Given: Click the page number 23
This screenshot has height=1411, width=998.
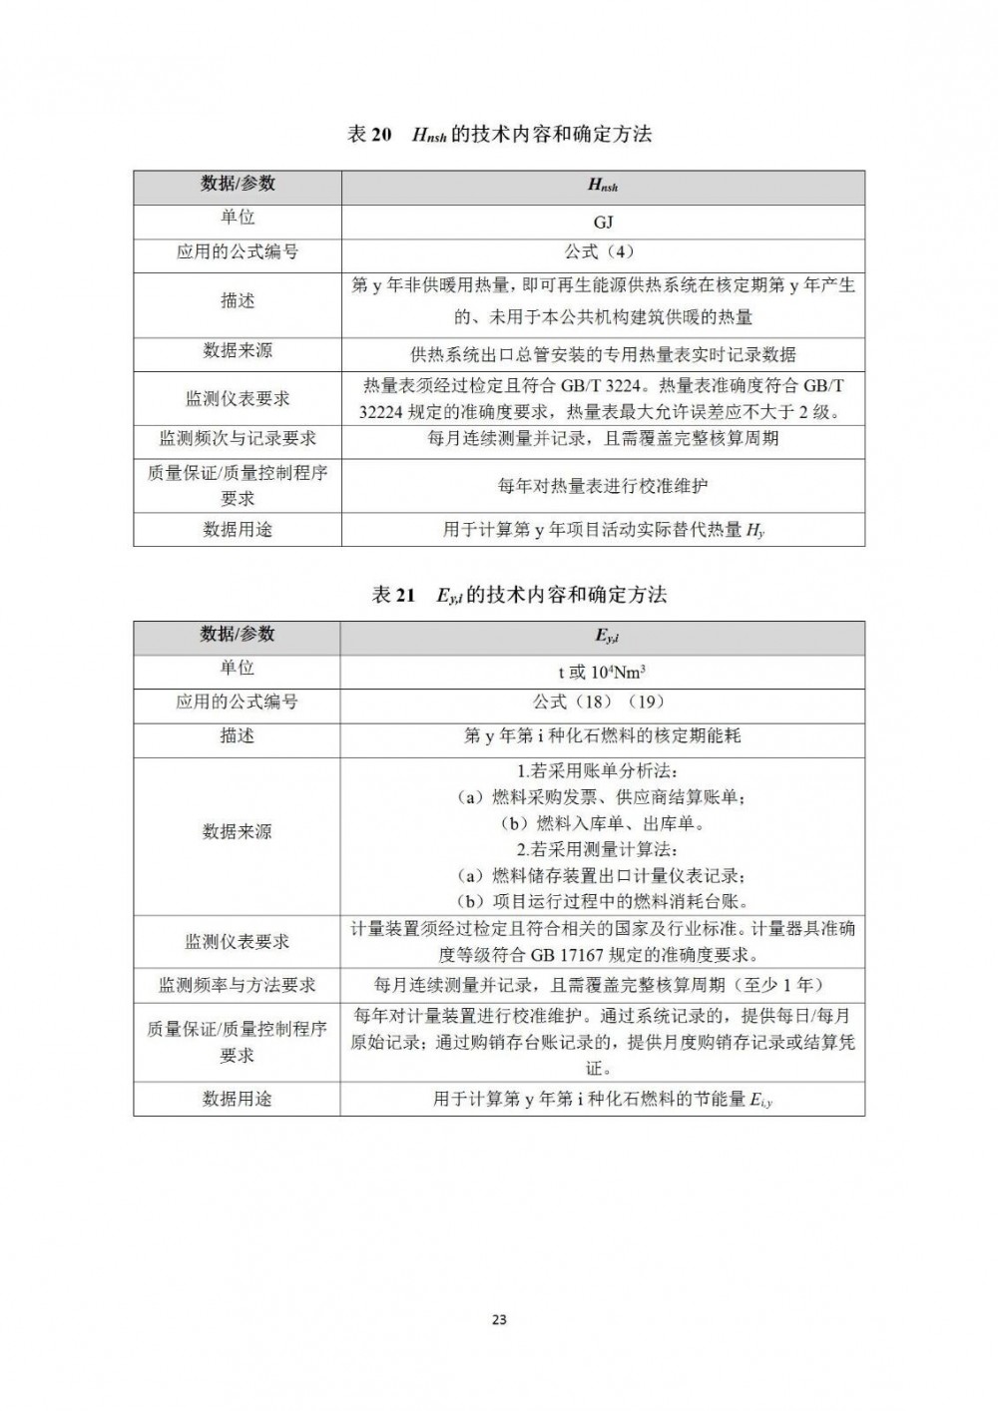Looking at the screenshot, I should point(499,1319).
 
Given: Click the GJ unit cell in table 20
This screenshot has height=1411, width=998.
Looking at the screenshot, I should point(603,222).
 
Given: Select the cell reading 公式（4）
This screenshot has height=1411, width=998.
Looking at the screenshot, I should point(603,252).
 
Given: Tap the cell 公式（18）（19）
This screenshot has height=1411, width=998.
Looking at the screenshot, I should point(602,703).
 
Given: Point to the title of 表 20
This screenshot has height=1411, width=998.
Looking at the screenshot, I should point(499,135).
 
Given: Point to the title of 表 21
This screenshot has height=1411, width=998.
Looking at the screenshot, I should point(519,596).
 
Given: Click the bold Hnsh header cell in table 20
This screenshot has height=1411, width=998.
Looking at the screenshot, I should point(603,186).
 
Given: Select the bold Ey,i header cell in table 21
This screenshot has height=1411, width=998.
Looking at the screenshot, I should point(602,636).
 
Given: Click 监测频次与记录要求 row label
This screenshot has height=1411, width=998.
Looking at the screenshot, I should point(238,439).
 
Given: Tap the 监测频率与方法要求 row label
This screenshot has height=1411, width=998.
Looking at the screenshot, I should point(237,985).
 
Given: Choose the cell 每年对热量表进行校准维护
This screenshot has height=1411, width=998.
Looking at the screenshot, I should point(603,486).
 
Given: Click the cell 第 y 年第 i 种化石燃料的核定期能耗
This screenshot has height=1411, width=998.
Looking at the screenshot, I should point(602,736).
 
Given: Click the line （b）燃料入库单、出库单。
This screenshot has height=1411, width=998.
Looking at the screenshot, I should point(603,824).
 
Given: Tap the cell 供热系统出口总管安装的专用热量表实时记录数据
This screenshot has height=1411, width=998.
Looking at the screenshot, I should point(603,354).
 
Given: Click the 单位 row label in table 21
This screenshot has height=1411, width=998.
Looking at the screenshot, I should point(237,669).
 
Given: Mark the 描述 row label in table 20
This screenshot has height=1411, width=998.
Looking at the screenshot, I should point(238,301).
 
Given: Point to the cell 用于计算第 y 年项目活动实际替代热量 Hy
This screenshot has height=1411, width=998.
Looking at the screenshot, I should point(603,530).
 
